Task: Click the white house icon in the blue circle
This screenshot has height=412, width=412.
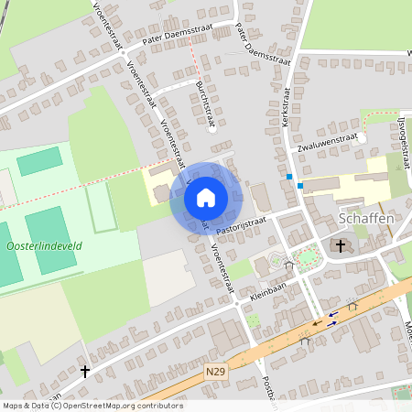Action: tap(206, 197)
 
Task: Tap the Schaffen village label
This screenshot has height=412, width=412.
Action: tap(366, 220)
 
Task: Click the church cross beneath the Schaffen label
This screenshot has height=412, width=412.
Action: tap(341, 245)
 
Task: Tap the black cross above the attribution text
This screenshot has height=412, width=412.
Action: tap(85, 371)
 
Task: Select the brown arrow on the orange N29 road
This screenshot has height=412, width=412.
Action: tap(316, 322)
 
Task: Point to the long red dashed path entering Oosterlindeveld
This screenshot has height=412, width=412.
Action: tap(73, 188)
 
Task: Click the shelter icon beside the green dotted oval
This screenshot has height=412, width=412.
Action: tap(288, 266)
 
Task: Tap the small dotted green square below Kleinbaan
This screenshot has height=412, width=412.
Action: tap(253, 320)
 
